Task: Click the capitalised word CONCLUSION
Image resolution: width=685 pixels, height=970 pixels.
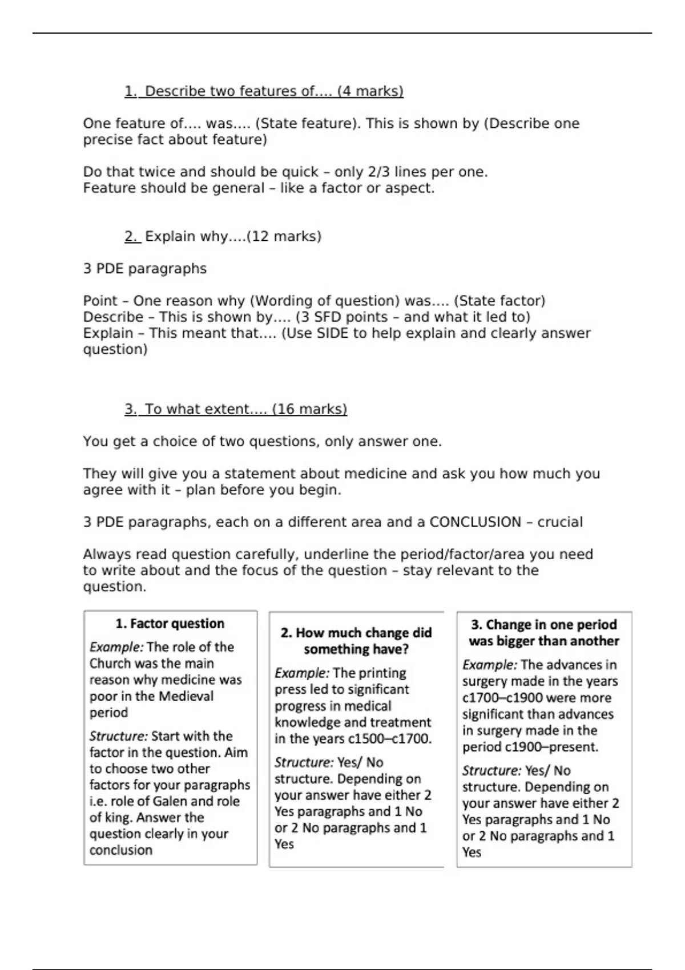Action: pos(475,522)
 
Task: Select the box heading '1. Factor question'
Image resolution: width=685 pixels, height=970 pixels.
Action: pos(170,624)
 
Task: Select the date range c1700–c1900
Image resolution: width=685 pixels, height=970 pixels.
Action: pos(497,698)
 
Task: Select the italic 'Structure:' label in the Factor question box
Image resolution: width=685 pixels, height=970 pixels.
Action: pos(118,736)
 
